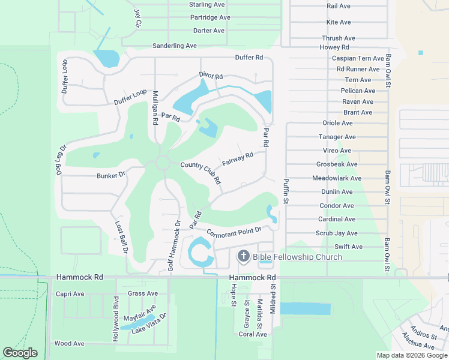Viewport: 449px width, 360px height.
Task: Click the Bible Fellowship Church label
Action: tap(297, 257)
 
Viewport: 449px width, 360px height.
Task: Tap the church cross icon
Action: tap(244, 257)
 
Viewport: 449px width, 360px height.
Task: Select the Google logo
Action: tap(20, 353)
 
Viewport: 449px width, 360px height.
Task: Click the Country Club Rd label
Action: tap(201, 173)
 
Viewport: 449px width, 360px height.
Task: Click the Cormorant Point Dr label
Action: tap(234, 231)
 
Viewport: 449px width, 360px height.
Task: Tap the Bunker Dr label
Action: tap(110, 175)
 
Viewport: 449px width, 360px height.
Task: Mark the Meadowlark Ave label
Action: tap(337, 178)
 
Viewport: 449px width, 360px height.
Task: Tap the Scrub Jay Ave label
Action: tap(337, 233)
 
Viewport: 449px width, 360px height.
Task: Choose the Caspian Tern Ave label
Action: tap(358, 59)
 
